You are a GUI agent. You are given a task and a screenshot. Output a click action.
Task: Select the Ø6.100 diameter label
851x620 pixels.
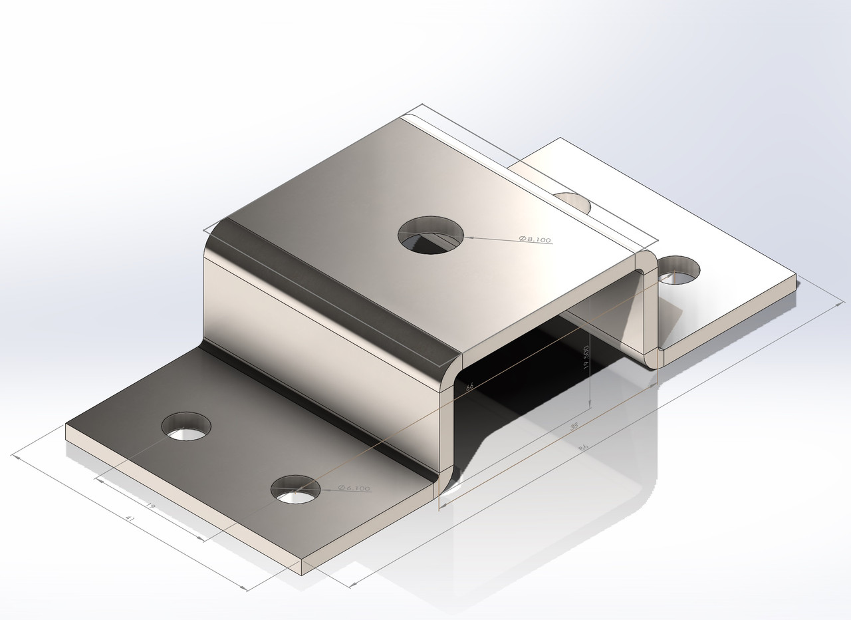pyautogui.click(x=354, y=488)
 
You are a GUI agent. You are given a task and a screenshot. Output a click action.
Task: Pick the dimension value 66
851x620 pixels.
pyautogui.click(x=470, y=386)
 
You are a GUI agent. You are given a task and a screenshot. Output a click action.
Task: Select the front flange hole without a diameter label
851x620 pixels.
pyautogui.click(x=187, y=426)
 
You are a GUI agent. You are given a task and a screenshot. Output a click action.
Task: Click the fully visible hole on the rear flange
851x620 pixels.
pyautogui.click(x=679, y=269)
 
